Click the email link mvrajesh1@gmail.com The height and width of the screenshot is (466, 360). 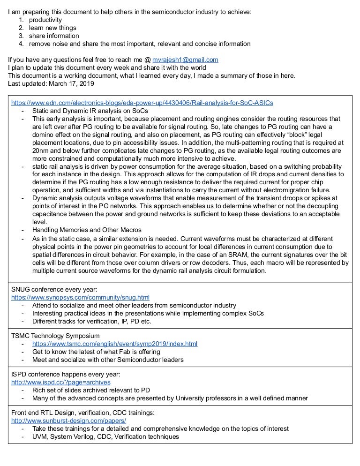coord(186,60)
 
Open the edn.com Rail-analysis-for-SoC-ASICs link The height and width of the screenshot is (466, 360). coord(142,103)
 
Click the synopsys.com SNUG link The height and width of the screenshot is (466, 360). coord(80,297)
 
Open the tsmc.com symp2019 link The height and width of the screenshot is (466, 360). coord(115,344)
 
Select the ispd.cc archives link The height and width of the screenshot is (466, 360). coord(61,382)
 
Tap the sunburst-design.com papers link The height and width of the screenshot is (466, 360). coord(68,421)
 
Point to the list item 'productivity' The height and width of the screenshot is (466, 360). coord(45,20)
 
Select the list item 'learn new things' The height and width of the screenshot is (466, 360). coord(52,28)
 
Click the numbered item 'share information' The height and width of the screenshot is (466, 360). coord(54,36)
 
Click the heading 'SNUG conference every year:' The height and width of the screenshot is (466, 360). coord(54,289)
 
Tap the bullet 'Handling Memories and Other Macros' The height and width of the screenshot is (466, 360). coord(87,230)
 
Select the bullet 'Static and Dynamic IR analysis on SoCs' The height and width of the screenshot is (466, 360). coord(90,111)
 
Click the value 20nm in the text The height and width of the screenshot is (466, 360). coord(41,151)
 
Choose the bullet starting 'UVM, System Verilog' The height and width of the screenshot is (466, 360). coord(105,436)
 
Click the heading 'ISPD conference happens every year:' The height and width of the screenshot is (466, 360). coord(66,374)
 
